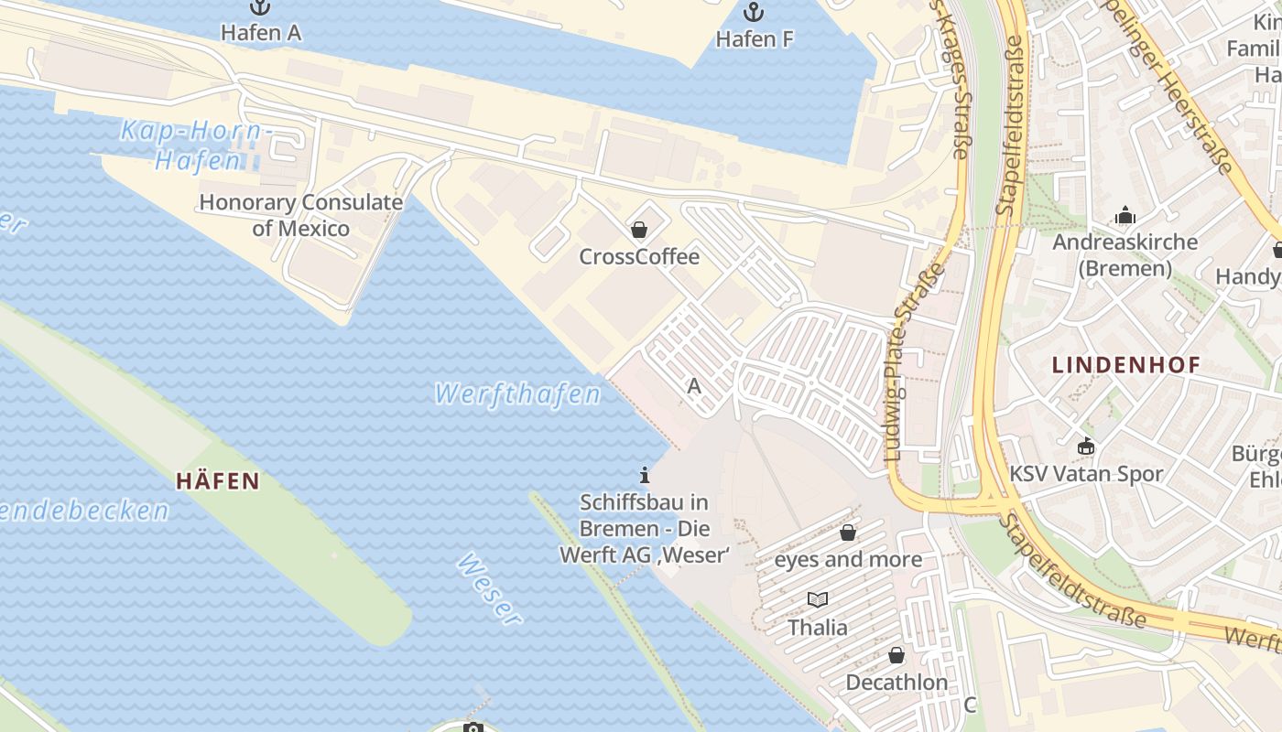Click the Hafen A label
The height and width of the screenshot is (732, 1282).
(x=261, y=33)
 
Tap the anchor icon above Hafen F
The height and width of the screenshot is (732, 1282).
(x=754, y=13)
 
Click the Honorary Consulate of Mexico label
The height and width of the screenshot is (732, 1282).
(x=300, y=215)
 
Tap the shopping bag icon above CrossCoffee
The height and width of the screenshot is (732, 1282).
(x=639, y=230)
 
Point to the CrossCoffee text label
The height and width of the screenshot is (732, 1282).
(x=639, y=257)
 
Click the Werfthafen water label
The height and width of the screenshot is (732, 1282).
(x=517, y=394)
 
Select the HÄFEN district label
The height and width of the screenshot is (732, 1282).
(x=218, y=481)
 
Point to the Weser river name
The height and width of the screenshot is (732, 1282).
(x=489, y=590)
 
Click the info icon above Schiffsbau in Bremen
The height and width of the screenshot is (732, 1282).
(x=645, y=475)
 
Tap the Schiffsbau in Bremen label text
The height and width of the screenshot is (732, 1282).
(x=645, y=528)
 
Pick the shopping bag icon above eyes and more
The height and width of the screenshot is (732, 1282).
(x=848, y=533)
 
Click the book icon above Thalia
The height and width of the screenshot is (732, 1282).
(x=818, y=600)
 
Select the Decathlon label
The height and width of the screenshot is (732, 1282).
(x=896, y=683)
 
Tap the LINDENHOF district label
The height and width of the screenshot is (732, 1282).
(x=1125, y=365)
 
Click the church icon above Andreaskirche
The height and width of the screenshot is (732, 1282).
(x=1124, y=216)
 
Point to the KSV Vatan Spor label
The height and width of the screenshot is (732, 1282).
(x=1086, y=474)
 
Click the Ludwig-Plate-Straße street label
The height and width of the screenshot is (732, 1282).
(x=916, y=362)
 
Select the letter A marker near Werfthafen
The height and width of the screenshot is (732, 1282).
(x=694, y=386)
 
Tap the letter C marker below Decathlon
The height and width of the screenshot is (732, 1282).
(x=971, y=705)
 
